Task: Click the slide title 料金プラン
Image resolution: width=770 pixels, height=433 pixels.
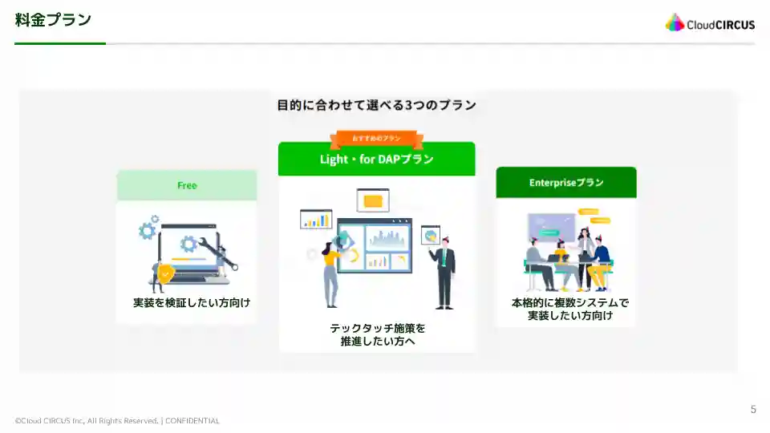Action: click(53, 20)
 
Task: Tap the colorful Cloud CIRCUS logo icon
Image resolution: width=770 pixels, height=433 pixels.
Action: click(675, 23)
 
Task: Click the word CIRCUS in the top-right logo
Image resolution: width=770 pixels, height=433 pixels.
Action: click(731, 25)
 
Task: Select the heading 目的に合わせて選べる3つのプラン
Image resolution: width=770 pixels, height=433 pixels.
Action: click(376, 105)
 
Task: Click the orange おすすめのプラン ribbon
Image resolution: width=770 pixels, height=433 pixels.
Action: click(376, 139)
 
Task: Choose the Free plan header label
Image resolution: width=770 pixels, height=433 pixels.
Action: click(187, 185)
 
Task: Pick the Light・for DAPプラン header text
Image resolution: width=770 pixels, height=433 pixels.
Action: click(376, 160)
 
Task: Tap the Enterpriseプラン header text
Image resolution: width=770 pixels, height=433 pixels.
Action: click(566, 183)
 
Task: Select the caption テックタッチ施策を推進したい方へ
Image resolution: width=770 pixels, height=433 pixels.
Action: click(377, 335)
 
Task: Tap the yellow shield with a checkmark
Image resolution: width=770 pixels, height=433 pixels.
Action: click(165, 273)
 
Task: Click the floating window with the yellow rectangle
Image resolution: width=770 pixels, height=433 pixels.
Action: click(372, 200)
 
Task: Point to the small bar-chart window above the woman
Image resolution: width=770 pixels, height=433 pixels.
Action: click(316, 219)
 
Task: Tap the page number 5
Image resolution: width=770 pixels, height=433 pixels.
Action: click(752, 410)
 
